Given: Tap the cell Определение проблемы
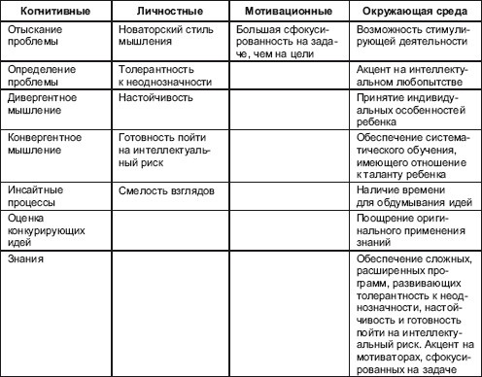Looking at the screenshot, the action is tap(44, 77).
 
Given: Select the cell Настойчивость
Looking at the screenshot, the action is tap(150, 98).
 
